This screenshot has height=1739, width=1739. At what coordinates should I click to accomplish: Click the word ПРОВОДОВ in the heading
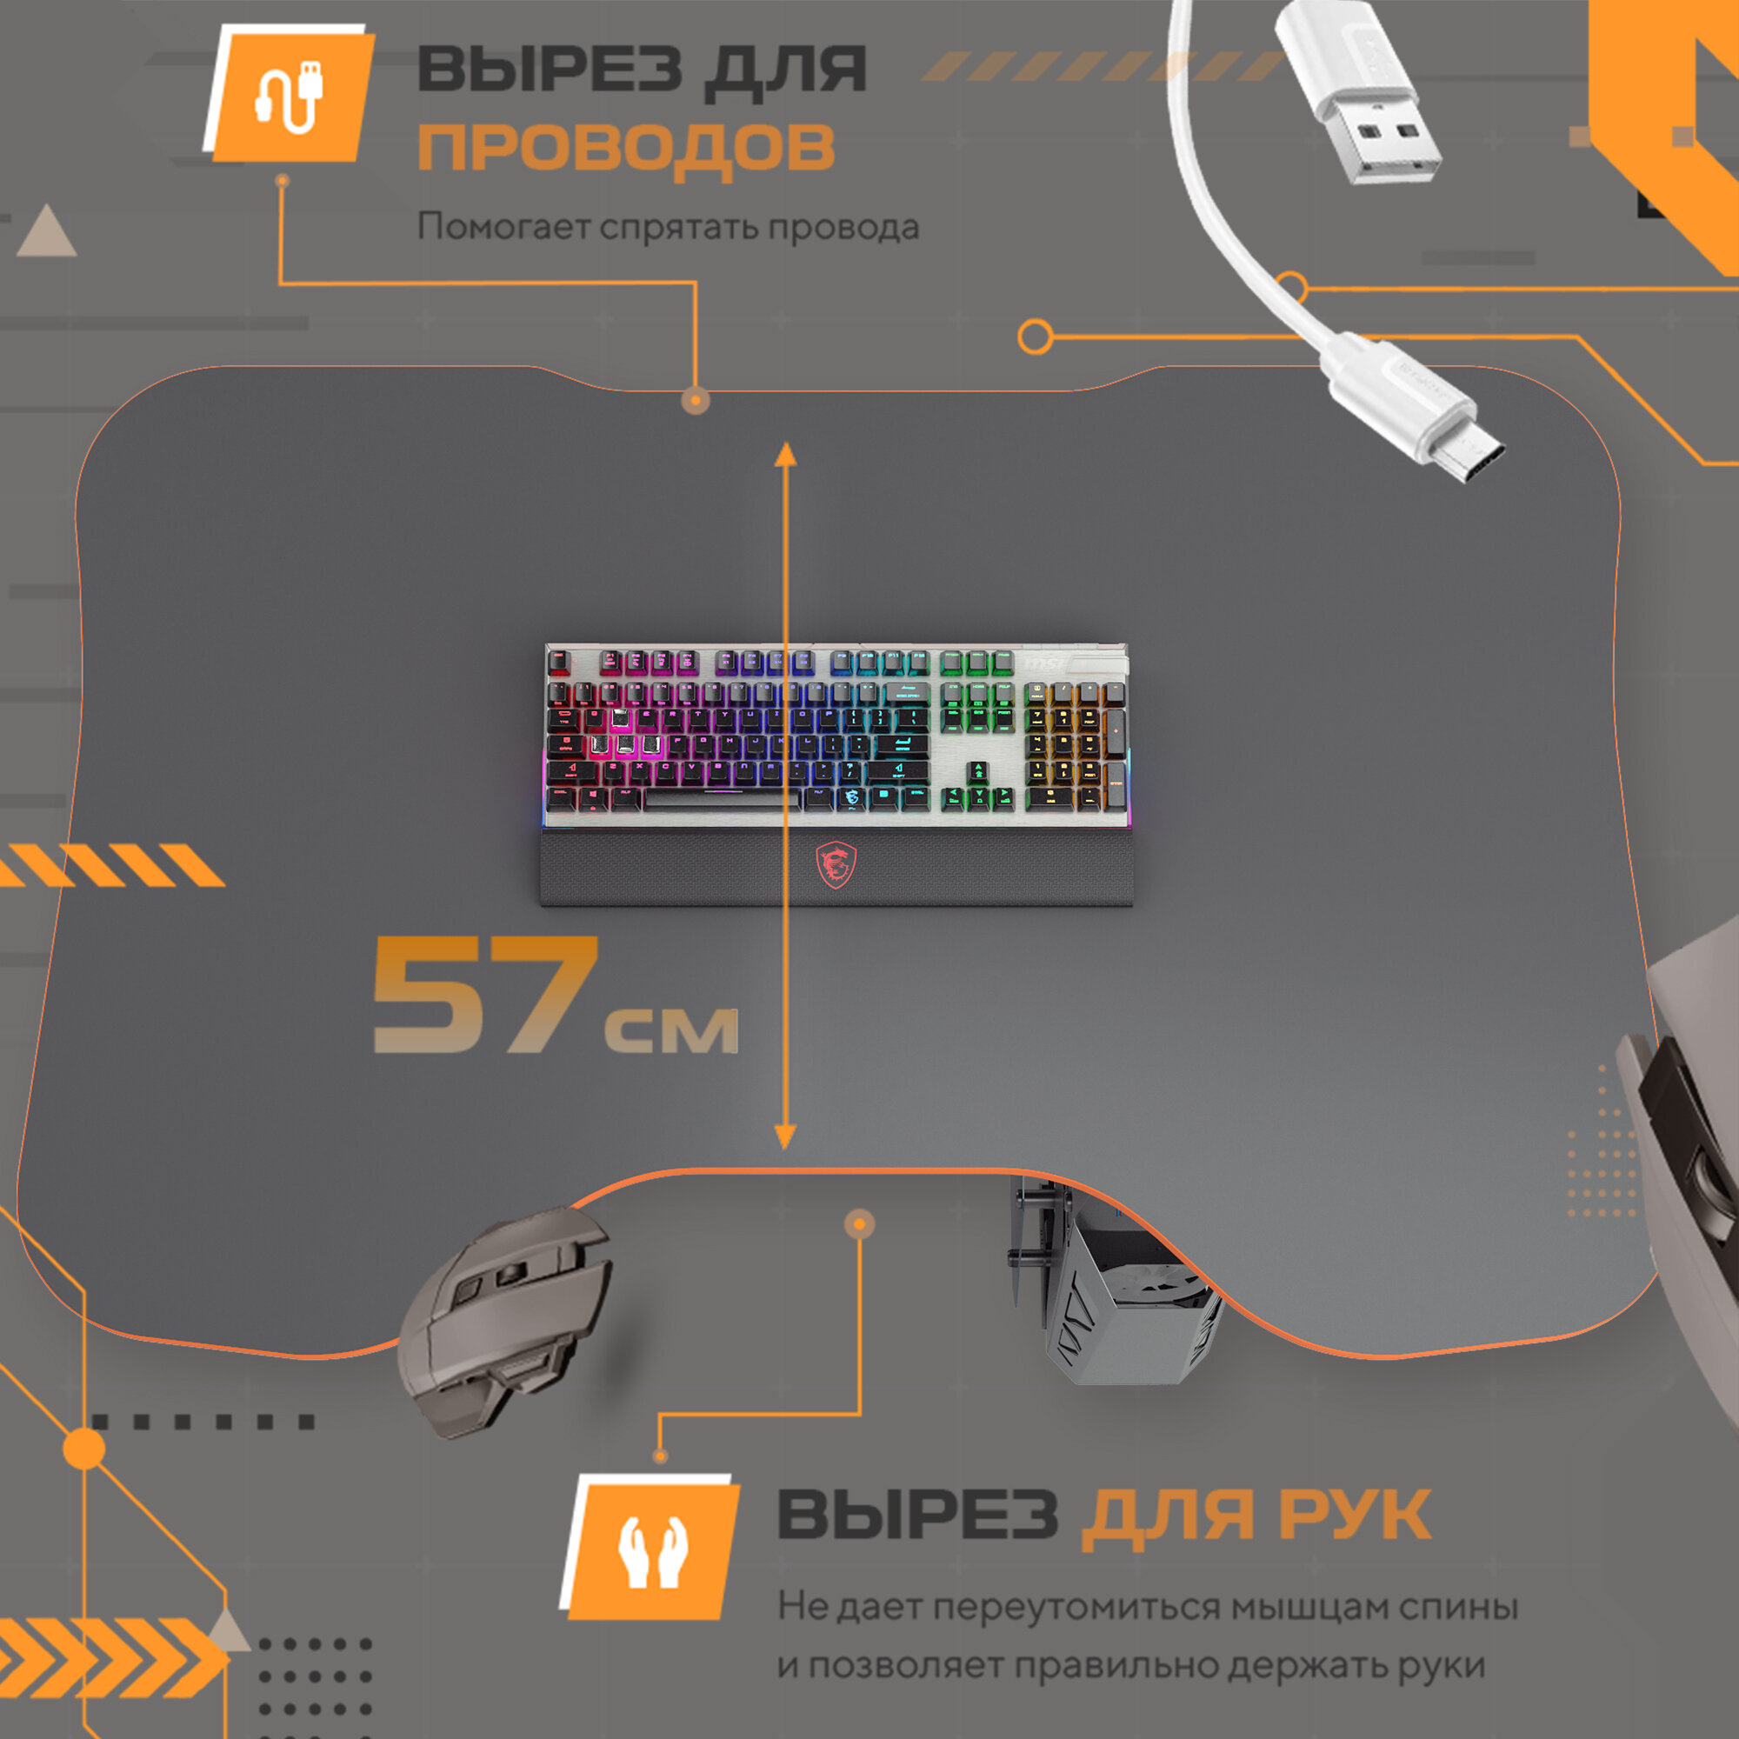(x=626, y=147)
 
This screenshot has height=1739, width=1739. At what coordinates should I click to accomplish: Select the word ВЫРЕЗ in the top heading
(x=548, y=69)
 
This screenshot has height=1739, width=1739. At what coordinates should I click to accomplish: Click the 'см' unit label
(x=671, y=1028)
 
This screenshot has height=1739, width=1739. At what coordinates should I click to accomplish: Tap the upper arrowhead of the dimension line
(x=786, y=455)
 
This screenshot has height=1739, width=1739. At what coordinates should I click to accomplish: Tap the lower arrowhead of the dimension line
(x=785, y=1136)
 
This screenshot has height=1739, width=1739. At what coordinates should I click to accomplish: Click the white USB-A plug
(x=1359, y=95)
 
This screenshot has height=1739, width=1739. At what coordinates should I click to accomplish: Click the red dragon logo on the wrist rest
(x=836, y=865)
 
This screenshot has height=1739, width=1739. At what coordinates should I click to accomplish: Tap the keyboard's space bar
(x=721, y=798)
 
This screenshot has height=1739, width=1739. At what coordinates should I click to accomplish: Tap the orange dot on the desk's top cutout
(x=695, y=399)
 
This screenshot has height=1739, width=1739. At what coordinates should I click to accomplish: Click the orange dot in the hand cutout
(x=860, y=1223)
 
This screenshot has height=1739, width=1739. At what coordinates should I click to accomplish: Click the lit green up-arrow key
(x=977, y=771)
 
